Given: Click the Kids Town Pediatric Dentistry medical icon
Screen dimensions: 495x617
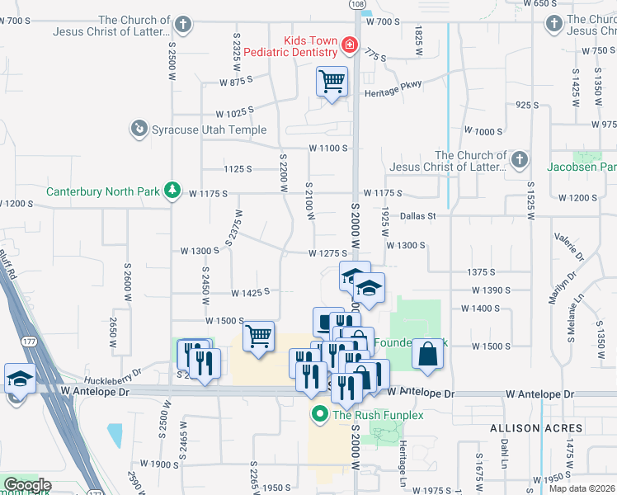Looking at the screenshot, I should pyautogui.click(x=350, y=45).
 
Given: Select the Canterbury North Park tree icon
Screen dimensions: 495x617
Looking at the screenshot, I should pyautogui.click(x=172, y=191).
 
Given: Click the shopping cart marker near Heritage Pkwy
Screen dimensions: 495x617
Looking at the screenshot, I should pyautogui.click(x=332, y=82).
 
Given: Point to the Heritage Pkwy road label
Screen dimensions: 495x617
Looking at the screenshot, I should pyautogui.click(x=393, y=93).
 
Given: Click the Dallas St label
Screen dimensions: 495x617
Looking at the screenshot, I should pyautogui.click(x=417, y=216).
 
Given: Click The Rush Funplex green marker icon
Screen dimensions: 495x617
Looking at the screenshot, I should pyautogui.click(x=318, y=414).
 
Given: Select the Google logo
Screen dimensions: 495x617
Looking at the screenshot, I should pyautogui.click(x=27, y=485).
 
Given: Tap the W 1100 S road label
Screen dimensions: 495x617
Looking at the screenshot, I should pyautogui.click(x=328, y=148).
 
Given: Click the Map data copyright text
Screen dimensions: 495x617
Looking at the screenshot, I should pyautogui.click(x=581, y=488).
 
